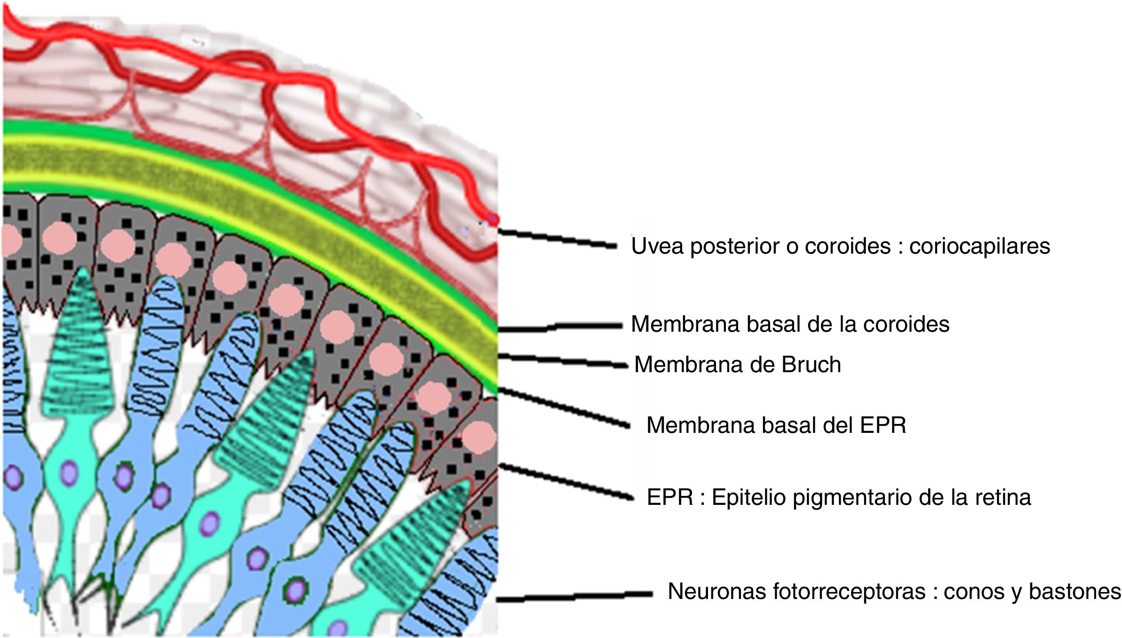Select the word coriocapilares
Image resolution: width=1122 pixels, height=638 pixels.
pyautogui.click(x=979, y=246)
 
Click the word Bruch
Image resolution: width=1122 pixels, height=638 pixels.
pyautogui.click(x=811, y=365)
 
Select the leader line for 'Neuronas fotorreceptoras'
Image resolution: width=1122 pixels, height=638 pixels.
pyautogui.click(x=574, y=597)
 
